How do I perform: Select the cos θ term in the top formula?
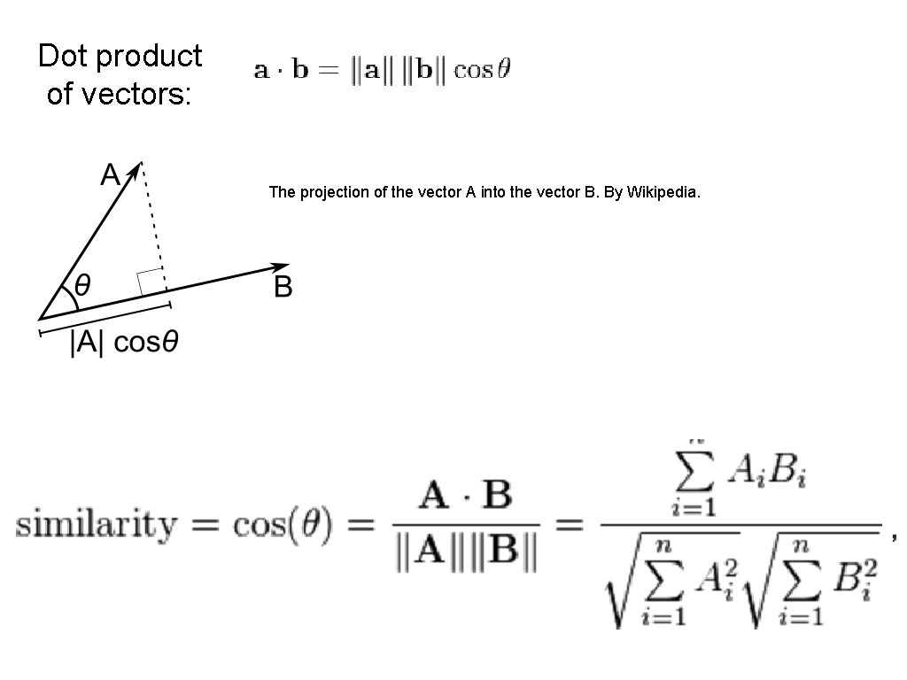point(482,70)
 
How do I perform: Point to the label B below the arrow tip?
point(283,288)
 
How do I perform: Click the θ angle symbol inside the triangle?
point(82,285)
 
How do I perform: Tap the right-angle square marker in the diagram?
point(150,281)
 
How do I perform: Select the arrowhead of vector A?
point(136,169)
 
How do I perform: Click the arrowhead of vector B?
point(281,267)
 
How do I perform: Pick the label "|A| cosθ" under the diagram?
point(125,343)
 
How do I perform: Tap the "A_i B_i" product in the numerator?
point(767,476)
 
